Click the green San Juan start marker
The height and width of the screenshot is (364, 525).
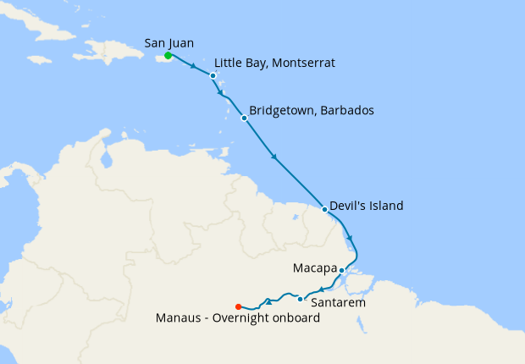tap(168, 56)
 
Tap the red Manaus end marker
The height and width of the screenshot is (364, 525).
tap(238, 306)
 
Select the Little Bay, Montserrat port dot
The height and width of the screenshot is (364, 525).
tap(213, 75)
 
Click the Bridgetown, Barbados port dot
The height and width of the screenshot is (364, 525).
tap(244, 118)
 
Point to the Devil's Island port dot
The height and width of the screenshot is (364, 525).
tap(325, 209)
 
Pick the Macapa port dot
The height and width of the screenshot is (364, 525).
tap(341, 271)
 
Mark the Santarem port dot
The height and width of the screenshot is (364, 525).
tap(301, 299)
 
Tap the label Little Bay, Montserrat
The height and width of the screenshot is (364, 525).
tap(274, 63)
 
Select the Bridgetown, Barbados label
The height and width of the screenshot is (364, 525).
tap(312, 111)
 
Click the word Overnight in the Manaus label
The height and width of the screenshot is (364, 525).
tap(242, 318)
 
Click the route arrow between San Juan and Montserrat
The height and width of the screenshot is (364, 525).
tap(195, 66)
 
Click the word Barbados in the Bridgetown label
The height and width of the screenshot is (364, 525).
tap(346, 111)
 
